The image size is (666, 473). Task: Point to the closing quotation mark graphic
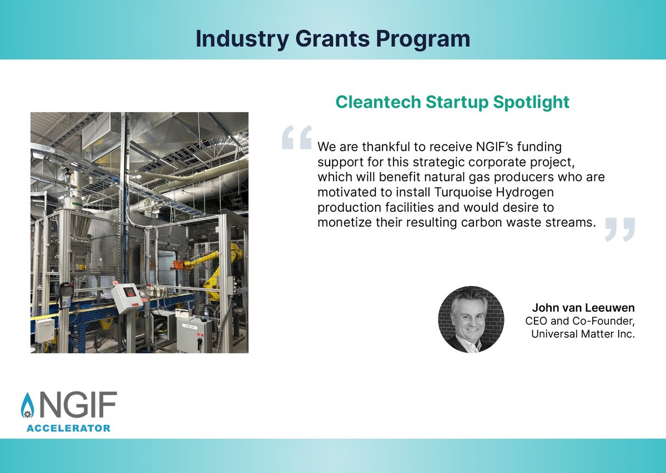[619, 229]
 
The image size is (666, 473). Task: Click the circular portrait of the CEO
[471, 320]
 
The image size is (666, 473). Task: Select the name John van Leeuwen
[583, 307]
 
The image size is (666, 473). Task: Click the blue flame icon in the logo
[27, 408]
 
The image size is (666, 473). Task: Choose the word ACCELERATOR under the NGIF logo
[69, 428]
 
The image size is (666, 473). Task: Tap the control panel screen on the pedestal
[129, 291]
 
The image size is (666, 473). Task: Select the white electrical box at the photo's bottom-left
[44, 330]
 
